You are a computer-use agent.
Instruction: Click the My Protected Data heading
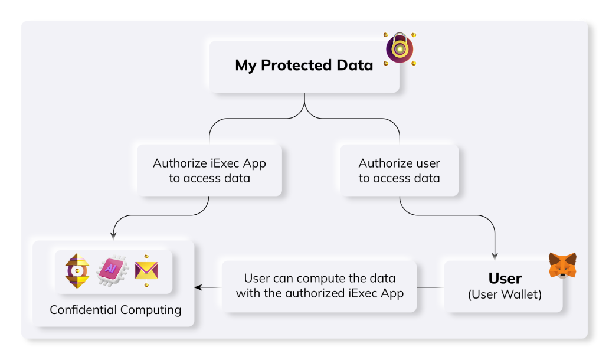(304, 65)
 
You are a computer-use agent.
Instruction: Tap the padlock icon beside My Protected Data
(400, 48)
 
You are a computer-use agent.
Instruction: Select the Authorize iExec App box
(209, 171)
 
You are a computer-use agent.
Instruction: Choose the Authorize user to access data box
(400, 171)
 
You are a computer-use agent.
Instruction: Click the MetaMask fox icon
(562, 265)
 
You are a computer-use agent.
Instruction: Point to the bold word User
(505, 279)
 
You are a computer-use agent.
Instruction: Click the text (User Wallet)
(505, 294)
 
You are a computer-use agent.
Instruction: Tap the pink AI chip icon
(110, 270)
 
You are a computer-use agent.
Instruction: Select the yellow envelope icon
(146, 270)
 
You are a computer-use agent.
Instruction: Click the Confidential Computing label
(116, 310)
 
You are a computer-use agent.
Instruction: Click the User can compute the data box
(320, 286)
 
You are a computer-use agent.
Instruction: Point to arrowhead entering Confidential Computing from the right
(198, 287)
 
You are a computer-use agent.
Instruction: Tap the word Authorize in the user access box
(384, 163)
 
